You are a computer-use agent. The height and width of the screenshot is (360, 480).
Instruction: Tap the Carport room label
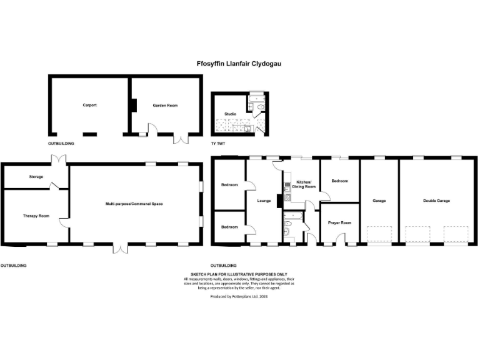89,106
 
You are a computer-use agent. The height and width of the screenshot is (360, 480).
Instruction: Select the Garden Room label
166,106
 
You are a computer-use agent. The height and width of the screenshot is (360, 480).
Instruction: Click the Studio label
230,114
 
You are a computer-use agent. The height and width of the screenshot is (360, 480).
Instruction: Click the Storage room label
36,177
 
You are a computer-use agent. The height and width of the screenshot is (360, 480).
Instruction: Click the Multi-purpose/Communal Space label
134,204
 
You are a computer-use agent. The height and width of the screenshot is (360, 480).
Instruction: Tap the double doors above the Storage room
59,159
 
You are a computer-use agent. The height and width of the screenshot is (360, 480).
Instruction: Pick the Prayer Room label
339,222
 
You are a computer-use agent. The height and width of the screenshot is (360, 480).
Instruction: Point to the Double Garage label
436,201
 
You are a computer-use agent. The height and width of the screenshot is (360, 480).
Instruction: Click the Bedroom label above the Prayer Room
339,181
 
